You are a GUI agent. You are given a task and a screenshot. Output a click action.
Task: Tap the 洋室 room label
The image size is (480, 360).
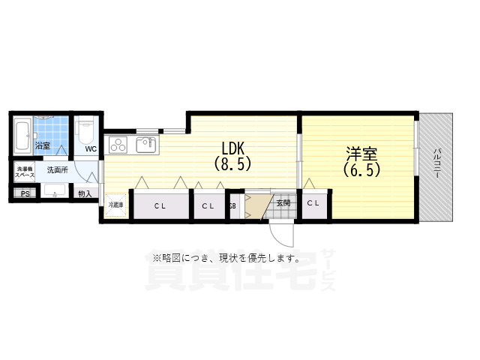(x=361, y=154)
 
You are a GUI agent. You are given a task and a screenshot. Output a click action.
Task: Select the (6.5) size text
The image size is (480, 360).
(x=361, y=170)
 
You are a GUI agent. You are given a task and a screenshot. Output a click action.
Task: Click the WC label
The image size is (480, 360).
(x=91, y=148)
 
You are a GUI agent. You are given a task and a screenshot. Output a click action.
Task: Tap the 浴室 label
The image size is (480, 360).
(x=42, y=145)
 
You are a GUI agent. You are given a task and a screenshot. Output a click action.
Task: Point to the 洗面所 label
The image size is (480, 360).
(x=57, y=170)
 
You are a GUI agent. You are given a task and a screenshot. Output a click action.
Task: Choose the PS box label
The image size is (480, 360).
(x=25, y=193)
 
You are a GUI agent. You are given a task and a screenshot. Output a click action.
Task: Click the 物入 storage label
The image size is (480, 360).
(x=85, y=193)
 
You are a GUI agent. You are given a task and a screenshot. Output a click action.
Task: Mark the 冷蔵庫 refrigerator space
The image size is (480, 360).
(x=116, y=204)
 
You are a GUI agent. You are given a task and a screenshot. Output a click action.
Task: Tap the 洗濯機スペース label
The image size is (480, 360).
(x=25, y=172)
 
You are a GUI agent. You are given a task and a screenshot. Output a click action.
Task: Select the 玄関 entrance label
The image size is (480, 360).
(x=282, y=202)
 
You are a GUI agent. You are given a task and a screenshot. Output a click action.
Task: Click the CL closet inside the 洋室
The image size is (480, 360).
(x=314, y=203)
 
